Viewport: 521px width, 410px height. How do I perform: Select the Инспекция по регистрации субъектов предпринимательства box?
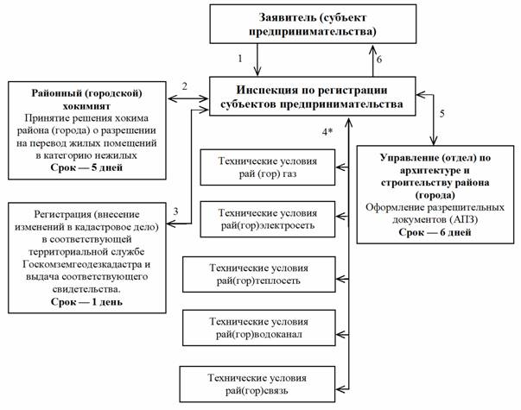(311, 97)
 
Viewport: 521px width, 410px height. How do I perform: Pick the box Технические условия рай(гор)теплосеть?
(248, 274)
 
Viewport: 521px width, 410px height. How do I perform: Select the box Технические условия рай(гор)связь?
(248, 381)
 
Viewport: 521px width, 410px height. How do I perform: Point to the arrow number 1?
(241, 58)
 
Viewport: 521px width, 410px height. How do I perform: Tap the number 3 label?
(175, 211)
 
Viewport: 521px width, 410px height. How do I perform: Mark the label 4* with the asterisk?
(327, 130)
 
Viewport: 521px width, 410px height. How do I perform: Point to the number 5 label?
(442, 113)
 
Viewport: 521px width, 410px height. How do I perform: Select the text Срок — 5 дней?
(92, 167)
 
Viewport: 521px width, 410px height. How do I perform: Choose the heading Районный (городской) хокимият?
(92, 92)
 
